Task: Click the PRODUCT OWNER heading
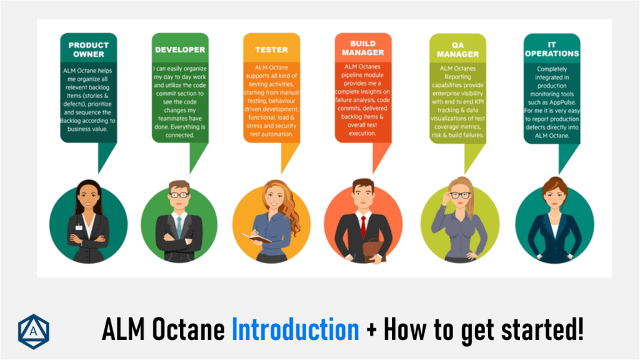coord(88,49)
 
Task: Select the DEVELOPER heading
coord(180,49)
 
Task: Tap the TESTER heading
coord(271,49)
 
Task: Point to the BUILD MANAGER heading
coord(362,48)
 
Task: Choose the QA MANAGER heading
coord(457,49)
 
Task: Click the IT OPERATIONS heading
coord(551,49)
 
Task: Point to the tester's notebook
coord(256,237)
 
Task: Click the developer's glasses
coord(179,195)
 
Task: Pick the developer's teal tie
coord(179,227)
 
